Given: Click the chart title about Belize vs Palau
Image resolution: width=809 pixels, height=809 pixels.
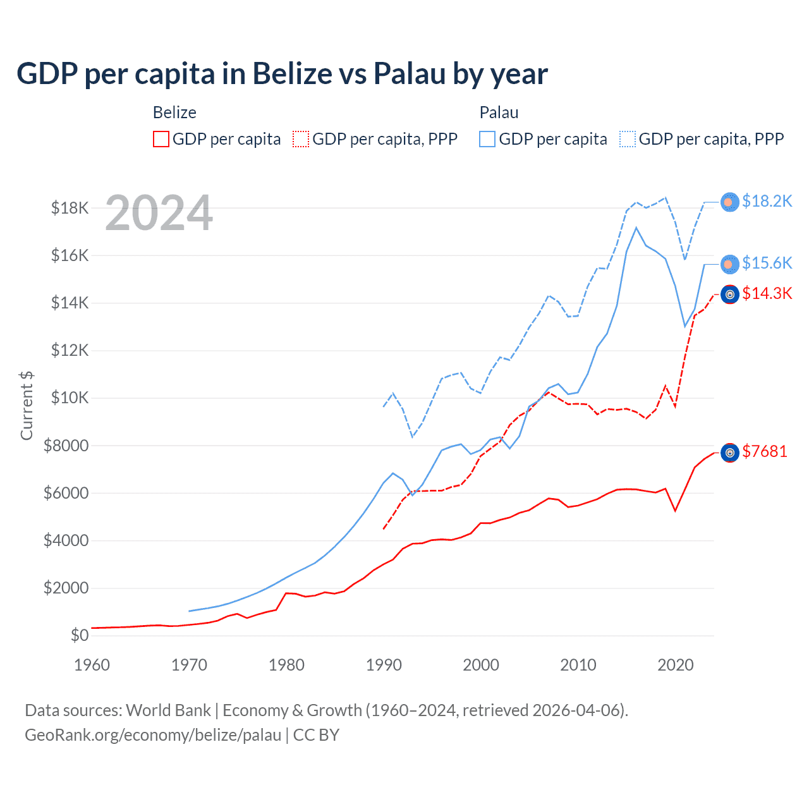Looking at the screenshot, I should (282, 74).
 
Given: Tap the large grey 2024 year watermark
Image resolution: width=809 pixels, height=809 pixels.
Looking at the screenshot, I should (159, 213).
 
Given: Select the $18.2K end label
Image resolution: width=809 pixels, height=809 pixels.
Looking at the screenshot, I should (767, 201).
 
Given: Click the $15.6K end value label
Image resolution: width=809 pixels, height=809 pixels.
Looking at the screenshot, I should (767, 263).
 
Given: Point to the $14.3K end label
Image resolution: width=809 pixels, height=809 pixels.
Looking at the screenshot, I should (767, 293).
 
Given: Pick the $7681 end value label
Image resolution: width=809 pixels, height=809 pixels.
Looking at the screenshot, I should (764, 451).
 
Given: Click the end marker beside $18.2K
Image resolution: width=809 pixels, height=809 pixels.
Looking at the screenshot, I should (730, 202).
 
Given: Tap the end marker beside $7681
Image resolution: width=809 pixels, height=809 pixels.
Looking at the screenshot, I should (730, 453).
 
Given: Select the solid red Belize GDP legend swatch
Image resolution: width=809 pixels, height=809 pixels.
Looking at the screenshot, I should (161, 139).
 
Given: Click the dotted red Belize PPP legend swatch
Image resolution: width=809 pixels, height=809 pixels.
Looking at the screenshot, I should (301, 139).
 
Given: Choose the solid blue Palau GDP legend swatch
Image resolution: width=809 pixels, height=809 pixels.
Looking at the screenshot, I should (487, 139).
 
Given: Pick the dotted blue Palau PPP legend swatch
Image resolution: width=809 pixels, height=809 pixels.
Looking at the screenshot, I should (628, 139).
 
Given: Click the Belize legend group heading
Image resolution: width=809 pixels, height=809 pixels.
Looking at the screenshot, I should (174, 113).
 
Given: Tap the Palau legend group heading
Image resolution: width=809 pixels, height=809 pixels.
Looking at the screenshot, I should (499, 113).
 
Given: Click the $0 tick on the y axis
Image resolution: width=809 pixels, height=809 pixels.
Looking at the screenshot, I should (79, 635).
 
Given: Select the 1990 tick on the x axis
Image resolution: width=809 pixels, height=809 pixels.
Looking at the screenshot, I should (384, 665).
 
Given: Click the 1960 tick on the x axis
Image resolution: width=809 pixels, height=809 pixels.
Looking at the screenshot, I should (92, 665).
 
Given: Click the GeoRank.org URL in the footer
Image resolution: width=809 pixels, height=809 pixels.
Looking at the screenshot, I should (153, 735).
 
